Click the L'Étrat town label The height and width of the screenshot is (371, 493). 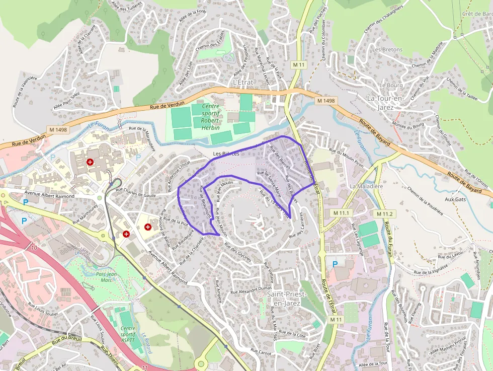243,82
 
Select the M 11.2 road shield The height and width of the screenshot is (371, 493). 386,214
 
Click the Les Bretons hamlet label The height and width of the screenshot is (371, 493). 387,50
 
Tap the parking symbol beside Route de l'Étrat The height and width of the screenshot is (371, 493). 336,264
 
